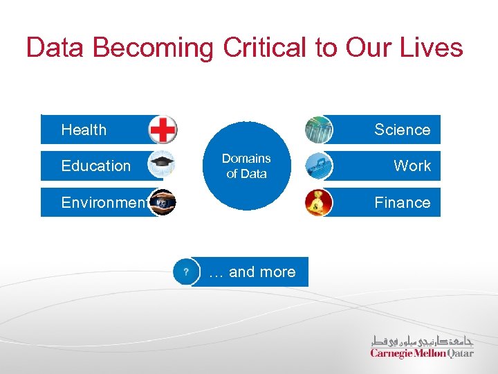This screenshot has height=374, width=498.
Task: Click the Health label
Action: pos(84,130)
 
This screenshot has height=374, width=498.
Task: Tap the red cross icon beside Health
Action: pos(163,130)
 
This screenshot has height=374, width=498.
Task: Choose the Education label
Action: pos(95,166)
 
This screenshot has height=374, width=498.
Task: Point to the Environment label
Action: pos(104,203)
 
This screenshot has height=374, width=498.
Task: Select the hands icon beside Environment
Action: pos(163,203)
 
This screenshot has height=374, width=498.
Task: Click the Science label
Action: pos(402,130)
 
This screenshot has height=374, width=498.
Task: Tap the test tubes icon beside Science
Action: pos(318,130)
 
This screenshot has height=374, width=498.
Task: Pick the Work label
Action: pos(412,166)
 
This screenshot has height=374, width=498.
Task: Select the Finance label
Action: pos(402,203)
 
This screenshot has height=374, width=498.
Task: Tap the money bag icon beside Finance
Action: pos(318,203)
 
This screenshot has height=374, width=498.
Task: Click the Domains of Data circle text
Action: pos(246,166)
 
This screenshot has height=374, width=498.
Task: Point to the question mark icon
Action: pos(185,271)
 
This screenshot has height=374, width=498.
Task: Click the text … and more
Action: pos(252,272)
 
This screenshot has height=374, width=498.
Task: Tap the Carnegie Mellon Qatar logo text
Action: pos(422,353)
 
